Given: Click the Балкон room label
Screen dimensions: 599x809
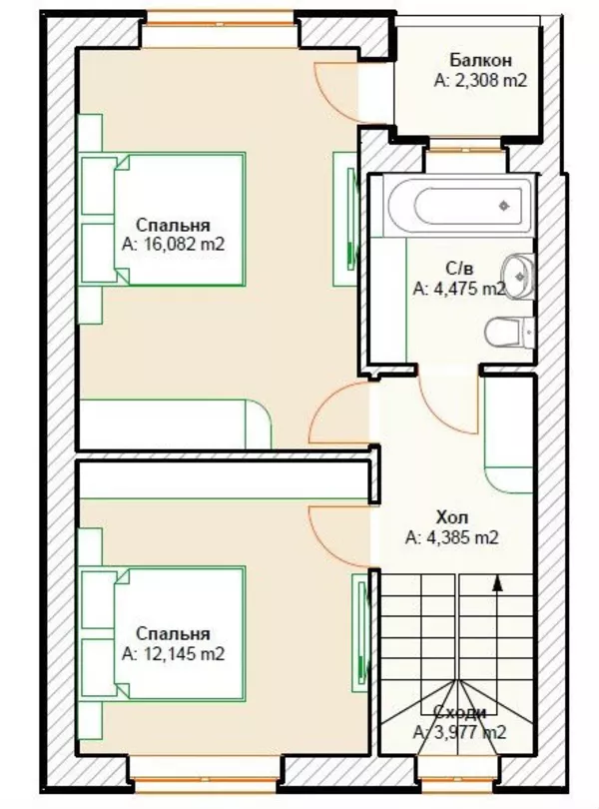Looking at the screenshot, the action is [481, 60].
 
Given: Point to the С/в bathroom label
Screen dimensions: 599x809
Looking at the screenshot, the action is [459, 269].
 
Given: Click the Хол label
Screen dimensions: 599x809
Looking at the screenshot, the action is [452, 517].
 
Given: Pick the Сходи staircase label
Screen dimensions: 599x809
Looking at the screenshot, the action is [459, 712].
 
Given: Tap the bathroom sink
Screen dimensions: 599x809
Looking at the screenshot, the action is [517, 277].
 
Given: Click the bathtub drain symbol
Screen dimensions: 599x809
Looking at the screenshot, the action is [504, 207].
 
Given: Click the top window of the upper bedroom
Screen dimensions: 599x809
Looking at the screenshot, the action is [220, 23].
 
